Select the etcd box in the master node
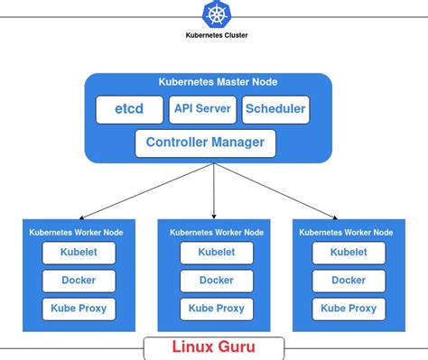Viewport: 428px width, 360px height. pos(128,110)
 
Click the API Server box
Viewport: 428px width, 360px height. pos(203,110)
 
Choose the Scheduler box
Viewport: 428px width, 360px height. pos(275,110)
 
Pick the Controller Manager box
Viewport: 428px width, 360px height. pos(205,143)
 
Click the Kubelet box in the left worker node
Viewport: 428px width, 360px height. pos(79,253)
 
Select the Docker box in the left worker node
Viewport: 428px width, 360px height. pos(79,281)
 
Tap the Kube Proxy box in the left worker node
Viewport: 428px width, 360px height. pos(79,309)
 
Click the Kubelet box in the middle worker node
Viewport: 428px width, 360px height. pos(217,253)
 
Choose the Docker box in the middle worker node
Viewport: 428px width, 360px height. pos(217,281)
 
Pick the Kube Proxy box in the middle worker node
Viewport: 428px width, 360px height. pos(217,309)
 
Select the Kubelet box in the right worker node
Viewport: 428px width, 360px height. pos(349,253)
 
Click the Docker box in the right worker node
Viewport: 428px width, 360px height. pos(349,281)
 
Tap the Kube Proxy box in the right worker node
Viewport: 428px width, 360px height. pos(349,309)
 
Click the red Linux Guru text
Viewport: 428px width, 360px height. pos(214,346)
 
